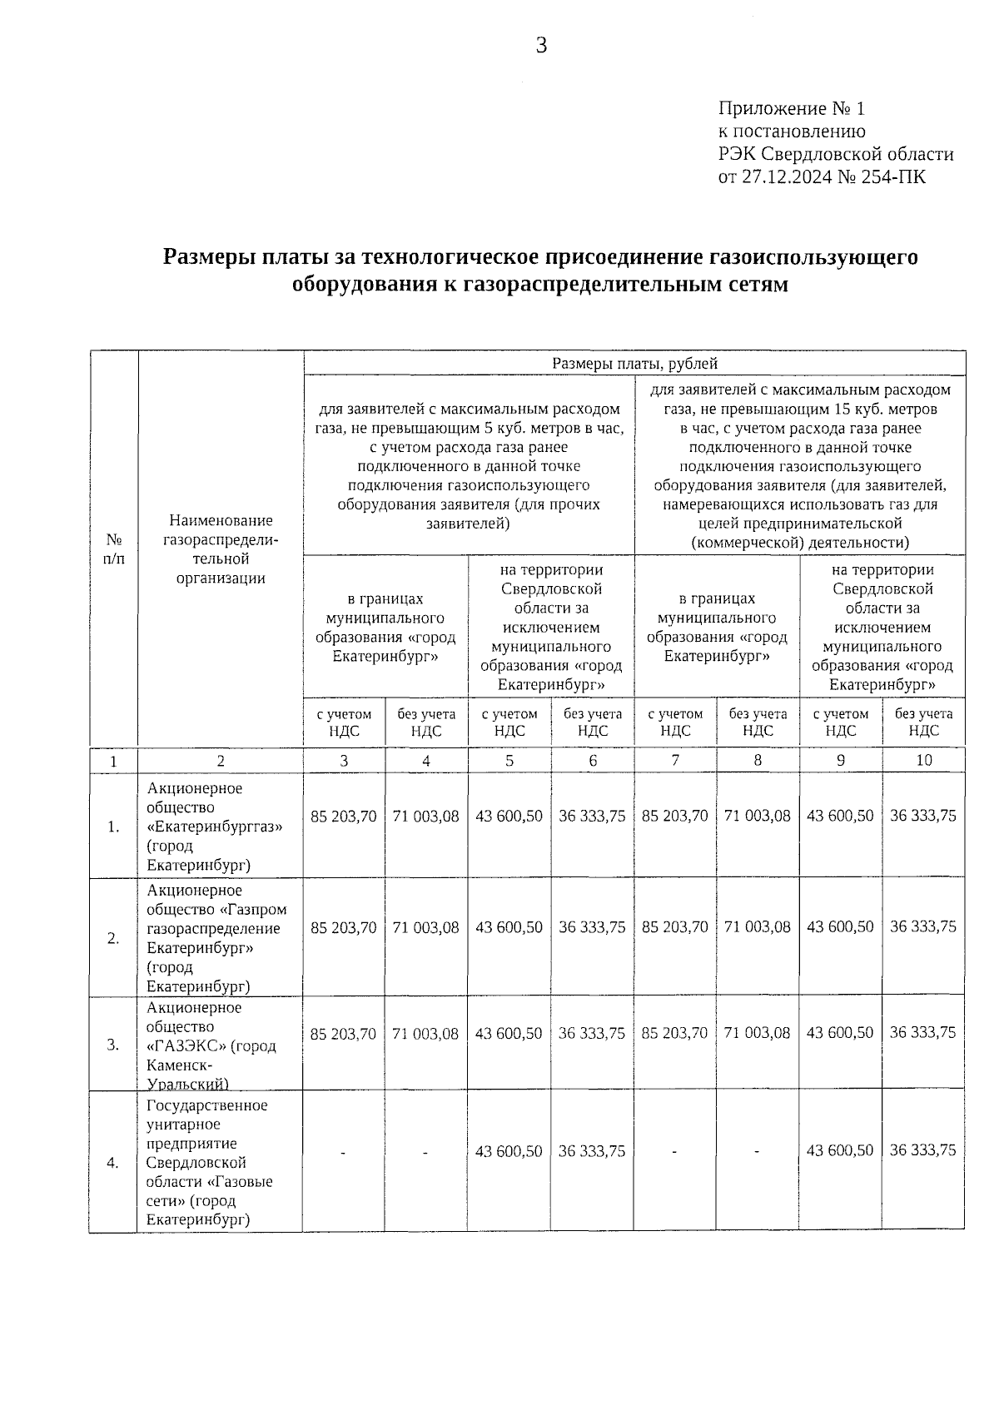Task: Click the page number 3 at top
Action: [x=541, y=46]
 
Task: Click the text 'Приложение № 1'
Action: [x=792, y=109]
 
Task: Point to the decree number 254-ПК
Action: [x=897, y=176]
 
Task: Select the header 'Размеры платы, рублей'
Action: [x=634, y=363]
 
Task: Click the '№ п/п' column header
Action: [x=113, y=549]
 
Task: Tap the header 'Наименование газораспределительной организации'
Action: [x=221, y=549]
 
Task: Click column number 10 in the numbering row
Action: [x=923, y=760]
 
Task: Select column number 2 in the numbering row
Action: [x=221, y=760]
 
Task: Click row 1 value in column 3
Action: [x=344, y=817]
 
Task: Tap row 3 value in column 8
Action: [x=757, y=1033]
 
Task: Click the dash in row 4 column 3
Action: [x=343, y=1152]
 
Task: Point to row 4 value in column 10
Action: [x=922, y=1150]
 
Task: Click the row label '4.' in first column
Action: [x=113, y=1163]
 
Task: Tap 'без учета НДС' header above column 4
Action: [x=426, y=722]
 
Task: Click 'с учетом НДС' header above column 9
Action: [x=841, y=722]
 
